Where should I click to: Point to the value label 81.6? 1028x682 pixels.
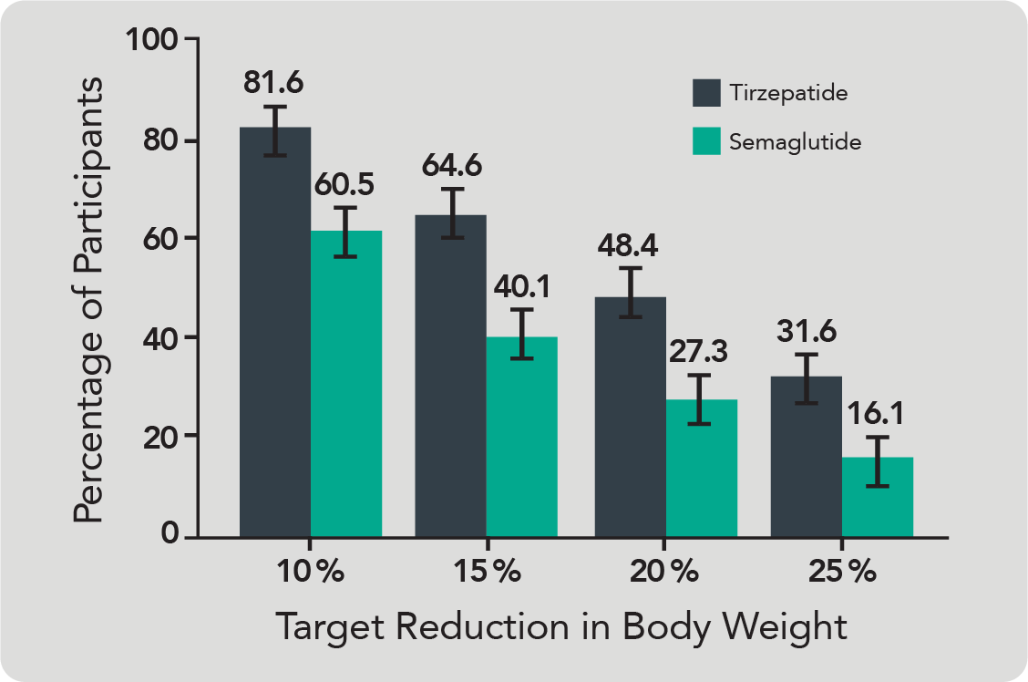point(273,82)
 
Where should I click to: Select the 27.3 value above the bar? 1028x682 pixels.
point(698,351)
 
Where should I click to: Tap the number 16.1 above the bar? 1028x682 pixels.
point(877,415)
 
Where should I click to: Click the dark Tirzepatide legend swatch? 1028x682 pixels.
point(706,93)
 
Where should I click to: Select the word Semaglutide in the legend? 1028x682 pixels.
point(795,142)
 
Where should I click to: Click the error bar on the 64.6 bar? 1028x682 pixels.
point(450,213)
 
